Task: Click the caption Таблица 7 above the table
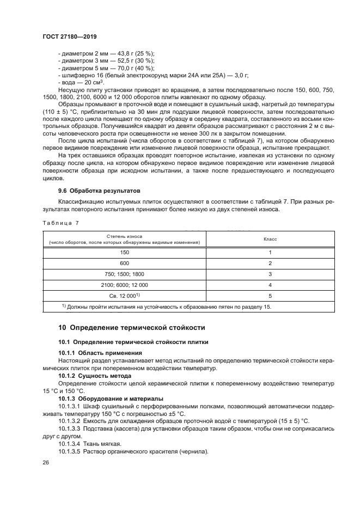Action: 60,223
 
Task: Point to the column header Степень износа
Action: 124,236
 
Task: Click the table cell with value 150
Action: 124,253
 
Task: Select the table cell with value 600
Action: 124,263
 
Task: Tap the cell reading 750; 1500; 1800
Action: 124,274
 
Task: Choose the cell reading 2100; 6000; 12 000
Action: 124,285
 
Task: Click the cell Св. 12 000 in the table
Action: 124,296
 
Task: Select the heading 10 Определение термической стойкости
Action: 131,328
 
